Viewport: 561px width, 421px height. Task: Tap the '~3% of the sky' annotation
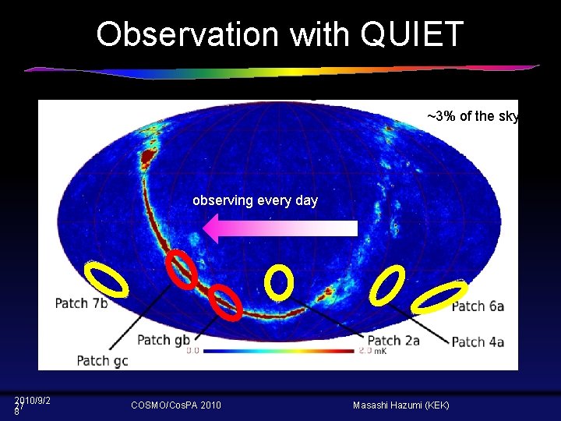click(x=473, y=116)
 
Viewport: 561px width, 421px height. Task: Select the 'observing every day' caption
click(x=255, y=200)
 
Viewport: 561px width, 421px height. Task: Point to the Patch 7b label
click(x=81, y=303)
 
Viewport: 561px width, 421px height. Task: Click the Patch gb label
click(x=163, y=340)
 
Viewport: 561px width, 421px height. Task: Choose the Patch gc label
click(x=102, y=360)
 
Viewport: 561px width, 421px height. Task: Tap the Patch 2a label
click(x=393, y=341)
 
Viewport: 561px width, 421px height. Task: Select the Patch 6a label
click(x=478, y=306)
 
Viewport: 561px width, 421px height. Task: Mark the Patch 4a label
click(x=478, y=341)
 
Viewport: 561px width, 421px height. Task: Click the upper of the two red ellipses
click(x=183, y=270)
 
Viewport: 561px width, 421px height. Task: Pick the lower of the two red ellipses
click(x=226, y=302)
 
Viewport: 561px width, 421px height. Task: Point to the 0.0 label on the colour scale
click(x=192, y=352)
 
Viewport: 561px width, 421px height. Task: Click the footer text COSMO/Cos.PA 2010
click(x=176, y=405)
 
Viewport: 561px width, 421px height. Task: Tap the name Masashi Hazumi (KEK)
click(x=400, y=405)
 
